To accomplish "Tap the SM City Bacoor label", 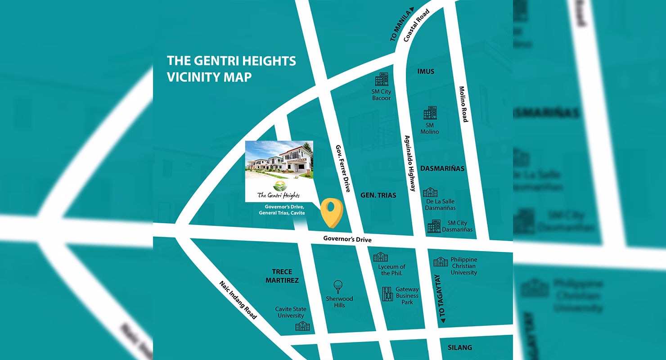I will tap(381, 95).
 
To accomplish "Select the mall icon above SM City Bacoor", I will tap(381, 80).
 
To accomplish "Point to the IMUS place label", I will tap(426, 72).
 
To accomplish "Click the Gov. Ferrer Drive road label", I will tap(343, 169).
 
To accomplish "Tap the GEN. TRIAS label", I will tap(378, 195).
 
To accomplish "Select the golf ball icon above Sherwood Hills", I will tap(338, 287).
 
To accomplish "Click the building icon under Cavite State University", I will tap(302, 326).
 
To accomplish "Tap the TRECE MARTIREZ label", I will tap(282, 276).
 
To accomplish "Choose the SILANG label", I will tap(460, 347).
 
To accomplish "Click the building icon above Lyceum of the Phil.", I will tap(380, 257).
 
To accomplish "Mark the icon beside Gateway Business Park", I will tap(387, 294).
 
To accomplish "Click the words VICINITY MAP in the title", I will tap(209, 77).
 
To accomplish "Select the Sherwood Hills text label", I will tap(339, 302).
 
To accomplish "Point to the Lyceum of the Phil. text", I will tap(391, 270).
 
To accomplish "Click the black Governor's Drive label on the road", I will tap(347, 239).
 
